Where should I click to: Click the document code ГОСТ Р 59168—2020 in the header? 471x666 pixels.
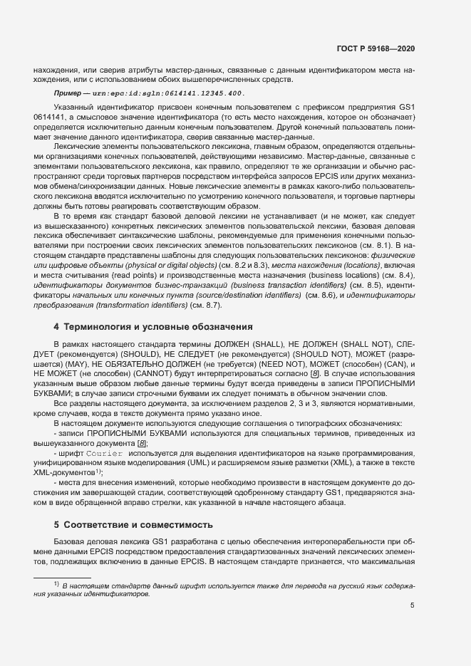pos(375,48)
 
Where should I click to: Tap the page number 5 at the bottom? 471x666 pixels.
pos(412,606)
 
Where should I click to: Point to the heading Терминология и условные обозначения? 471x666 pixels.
pos(153,327)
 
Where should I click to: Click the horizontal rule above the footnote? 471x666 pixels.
pos(63,577)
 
